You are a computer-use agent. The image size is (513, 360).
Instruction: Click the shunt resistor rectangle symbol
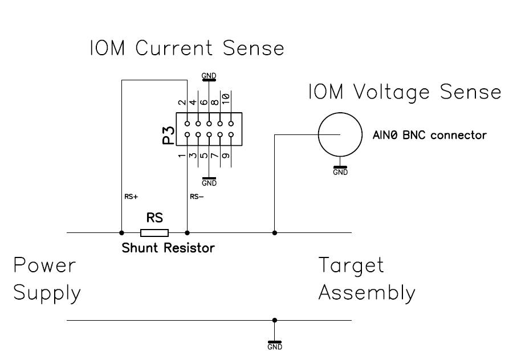point(154,232)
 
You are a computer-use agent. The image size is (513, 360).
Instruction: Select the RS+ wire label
point(130,197)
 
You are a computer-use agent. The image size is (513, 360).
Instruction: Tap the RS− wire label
point(197,197)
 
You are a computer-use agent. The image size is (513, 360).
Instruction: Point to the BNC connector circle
point(340,134)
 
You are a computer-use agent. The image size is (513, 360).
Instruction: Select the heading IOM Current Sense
point(186,48)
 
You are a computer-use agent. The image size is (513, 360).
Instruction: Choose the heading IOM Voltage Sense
point(405,92)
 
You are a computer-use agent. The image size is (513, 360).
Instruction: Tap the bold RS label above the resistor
point(154,218)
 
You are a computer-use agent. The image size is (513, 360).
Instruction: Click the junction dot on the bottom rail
point(275,320)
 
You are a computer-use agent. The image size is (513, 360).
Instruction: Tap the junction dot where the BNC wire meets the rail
point(275,232)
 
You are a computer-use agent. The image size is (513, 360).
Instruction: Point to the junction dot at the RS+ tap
point(121,232)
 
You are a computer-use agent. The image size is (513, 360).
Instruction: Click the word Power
point(44,265)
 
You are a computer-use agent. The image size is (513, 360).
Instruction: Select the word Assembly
point(366,293)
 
